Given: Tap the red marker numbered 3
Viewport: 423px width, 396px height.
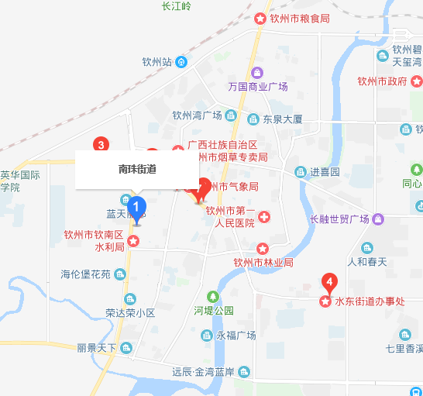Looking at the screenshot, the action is tap(100, 144).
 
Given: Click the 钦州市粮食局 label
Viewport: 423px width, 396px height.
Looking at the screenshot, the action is tap(297, 19).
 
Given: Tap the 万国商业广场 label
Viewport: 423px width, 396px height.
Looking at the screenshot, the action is tap(258, 86).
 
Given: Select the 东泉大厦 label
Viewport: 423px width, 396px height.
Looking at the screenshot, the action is tap(282, 120).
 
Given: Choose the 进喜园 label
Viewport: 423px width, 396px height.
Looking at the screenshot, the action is tap(325, 171).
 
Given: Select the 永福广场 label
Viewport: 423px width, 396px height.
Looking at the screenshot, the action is tap(236, 335).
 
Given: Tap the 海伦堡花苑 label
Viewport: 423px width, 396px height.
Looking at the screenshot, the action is tap(86, 274).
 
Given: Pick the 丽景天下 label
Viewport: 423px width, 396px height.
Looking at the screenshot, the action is tap(97, 348).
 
